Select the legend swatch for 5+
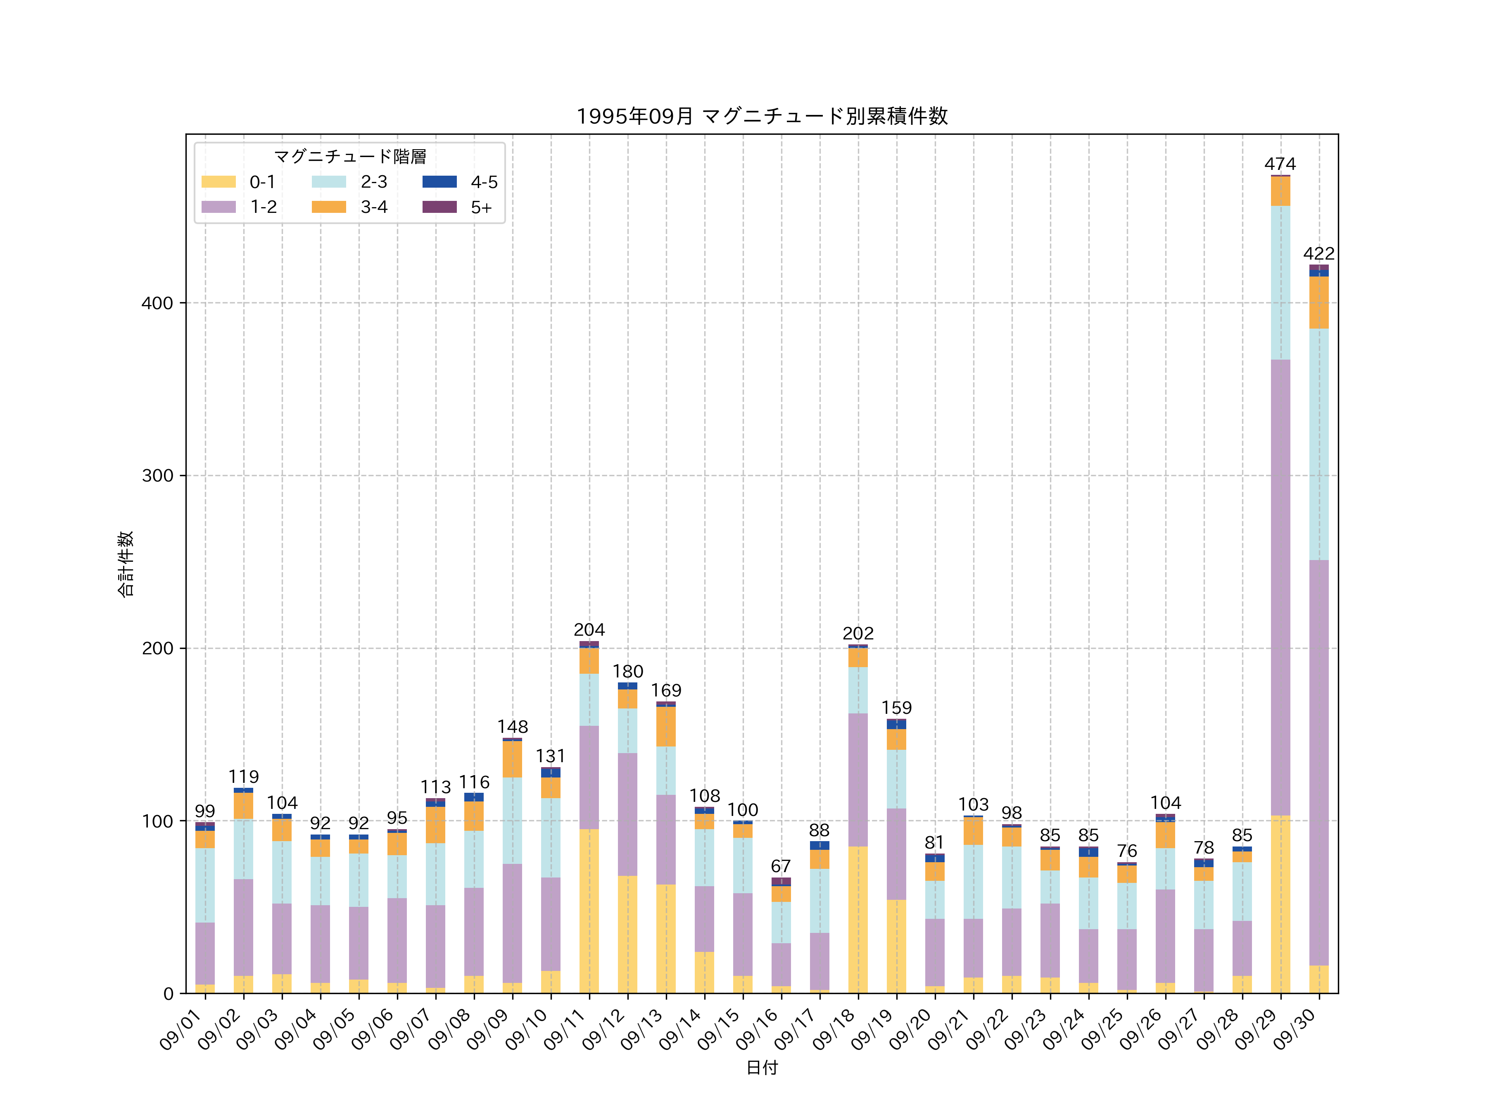click(439, 207)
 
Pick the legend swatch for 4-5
click(439, 181)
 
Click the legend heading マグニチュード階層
click(349, 157)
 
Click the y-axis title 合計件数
click(126, 564)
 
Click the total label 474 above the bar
click(1280, 164)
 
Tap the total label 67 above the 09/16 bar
click(781, 866)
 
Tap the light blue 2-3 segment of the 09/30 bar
click(1318, 444)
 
